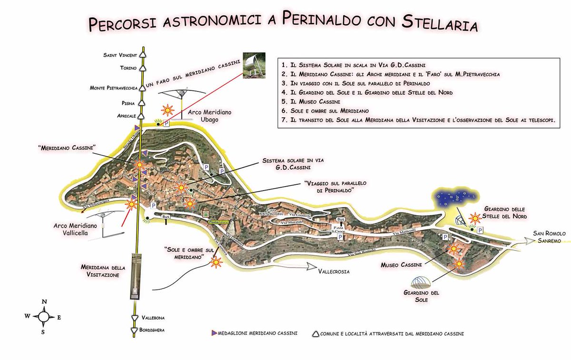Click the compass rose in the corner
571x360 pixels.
click(x=43, y=315)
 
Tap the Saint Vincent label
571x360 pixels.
click(x=120, y=55)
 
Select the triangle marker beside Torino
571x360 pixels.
click(x=142, y=68)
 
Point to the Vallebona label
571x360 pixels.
click(x=156, y=318)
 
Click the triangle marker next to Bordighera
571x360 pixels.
click(x=134, y=330)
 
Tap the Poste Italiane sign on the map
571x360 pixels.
click(x=217, y=222)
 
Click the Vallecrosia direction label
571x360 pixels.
click(x=334, y=272)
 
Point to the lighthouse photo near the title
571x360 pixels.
click(x=255, y=64)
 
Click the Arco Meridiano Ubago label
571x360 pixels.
click(x=209, y=116)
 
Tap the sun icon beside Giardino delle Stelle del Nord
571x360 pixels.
click(x=475, y=218)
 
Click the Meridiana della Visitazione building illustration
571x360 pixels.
click(x=136, y=276)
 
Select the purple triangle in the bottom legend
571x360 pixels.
click(x=214, y=333)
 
